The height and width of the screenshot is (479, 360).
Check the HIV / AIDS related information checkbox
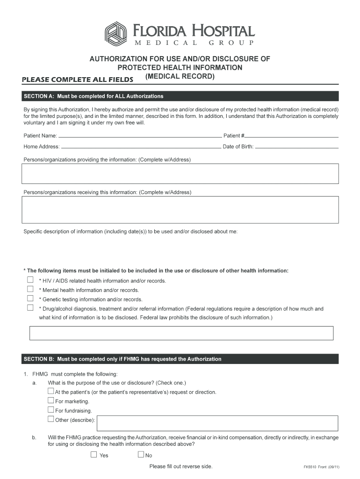(30, 280)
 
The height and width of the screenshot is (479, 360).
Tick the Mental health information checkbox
(30, 289)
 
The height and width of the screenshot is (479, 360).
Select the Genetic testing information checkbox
(30, 298)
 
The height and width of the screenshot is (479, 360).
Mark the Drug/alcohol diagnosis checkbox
(30, 308)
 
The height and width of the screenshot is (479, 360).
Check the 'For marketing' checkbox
(50, 400)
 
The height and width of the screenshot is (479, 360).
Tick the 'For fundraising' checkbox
(50, 410)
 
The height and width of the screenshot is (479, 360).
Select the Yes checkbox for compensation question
(94, 454)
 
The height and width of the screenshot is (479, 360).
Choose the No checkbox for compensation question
(141, 454)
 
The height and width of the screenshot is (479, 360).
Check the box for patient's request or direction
(50, 391)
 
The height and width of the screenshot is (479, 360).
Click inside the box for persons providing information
(180, 174)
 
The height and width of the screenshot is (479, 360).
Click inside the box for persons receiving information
(180, 210)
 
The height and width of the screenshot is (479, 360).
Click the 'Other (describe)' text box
(217, 423)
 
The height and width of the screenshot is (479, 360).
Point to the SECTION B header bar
(180, 359)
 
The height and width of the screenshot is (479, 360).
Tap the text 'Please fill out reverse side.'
(180, 466)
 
